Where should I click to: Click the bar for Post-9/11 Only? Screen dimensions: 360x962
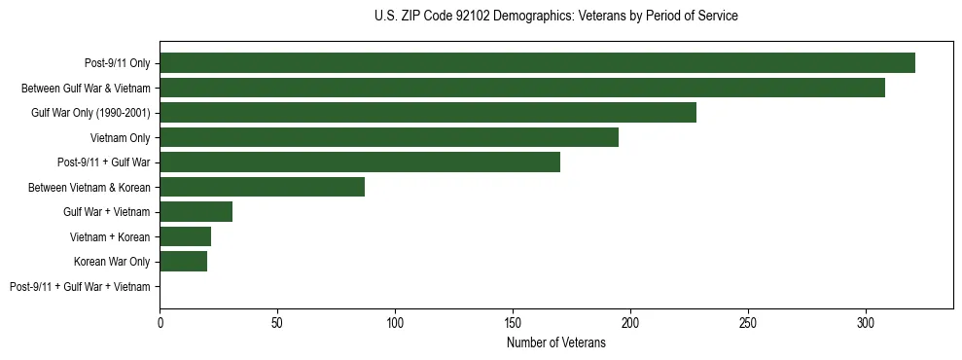(537, 63)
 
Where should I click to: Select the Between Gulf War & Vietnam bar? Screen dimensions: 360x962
(522, 88)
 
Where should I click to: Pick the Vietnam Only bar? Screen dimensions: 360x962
(389, 137)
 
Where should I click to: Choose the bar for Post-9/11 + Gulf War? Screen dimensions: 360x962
(360, 162)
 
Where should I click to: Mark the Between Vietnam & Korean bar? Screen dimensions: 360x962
(263, 187)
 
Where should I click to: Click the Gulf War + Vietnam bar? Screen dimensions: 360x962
(196, 212)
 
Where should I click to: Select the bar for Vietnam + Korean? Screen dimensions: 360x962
(186, 236)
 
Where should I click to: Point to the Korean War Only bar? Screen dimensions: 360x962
(184, 262)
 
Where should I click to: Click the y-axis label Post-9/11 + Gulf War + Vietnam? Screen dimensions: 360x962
(80, 287)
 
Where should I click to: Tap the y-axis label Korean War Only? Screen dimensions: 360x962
(112, 262)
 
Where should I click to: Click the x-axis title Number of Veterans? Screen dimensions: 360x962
(555, 342)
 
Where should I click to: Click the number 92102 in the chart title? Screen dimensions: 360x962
(472, 17)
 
